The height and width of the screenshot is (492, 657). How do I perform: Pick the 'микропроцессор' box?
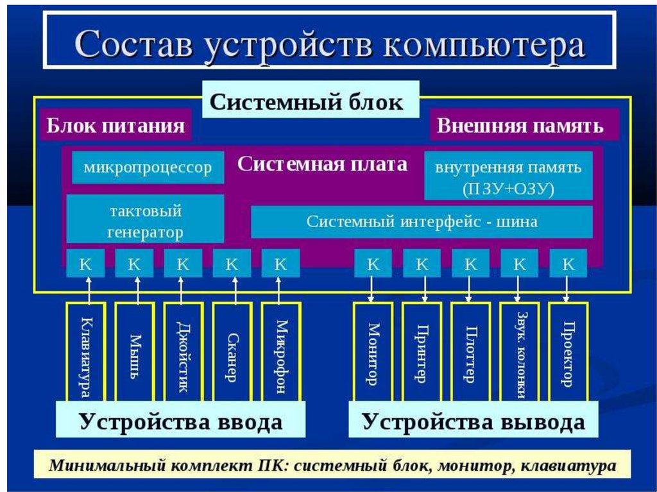coord(148,168)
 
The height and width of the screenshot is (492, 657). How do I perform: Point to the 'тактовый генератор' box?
coord(146,220)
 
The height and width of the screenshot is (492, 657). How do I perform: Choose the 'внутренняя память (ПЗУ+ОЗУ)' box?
coord(508,177)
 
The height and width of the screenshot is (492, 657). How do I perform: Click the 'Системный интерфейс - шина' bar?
coord(422,223)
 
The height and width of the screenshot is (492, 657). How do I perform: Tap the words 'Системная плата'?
coord(323,164)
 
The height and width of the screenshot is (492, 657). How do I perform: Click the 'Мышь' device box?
coord(135,352)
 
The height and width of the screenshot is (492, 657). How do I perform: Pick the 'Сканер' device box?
coord(232,352)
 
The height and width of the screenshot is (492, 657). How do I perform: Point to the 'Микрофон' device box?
coord(281,352)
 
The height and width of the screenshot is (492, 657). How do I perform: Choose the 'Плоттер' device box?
coord(470,352)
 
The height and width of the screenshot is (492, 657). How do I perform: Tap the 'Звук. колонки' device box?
coord(519,352)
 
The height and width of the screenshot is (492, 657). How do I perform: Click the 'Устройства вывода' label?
coord(474,421)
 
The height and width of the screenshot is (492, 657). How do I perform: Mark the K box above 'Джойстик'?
coord(183,264)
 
